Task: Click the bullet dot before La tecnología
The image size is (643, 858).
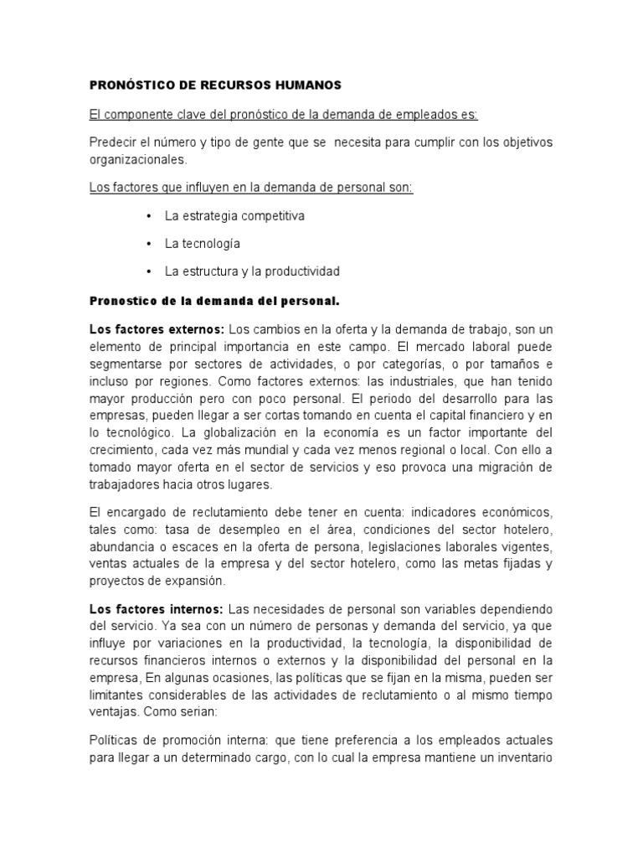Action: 147,244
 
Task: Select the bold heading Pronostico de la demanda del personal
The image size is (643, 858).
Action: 213,300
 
